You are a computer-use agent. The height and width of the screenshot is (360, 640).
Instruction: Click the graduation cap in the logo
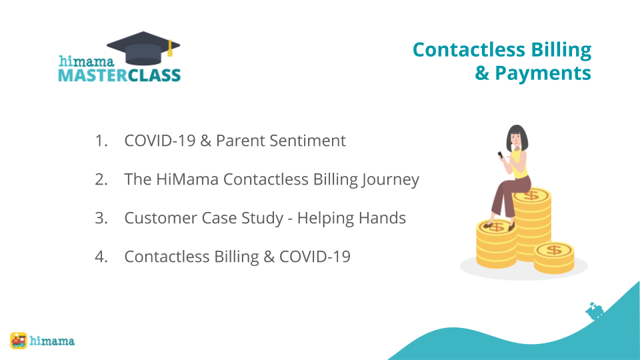click(x=143, y=48)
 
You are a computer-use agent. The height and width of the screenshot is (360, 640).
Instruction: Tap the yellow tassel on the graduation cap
click(x=170, y=48)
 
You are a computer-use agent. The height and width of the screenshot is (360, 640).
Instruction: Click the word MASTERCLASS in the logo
click(x=119, y=75)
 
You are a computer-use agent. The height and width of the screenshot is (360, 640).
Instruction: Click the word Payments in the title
click(x=543, y=73)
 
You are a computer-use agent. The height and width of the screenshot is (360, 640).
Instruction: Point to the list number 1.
click(x=101, y=141)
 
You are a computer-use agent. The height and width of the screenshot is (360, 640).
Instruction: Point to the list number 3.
click(x=101, y=218)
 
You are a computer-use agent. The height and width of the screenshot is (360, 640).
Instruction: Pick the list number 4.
click(x=101, y=257)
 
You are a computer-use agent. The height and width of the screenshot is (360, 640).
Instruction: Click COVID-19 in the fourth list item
click(x=315, y=257)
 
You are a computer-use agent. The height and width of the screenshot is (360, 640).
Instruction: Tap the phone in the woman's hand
click(x=500, y=155)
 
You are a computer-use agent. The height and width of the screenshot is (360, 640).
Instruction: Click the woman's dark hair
click(x=517, y=137)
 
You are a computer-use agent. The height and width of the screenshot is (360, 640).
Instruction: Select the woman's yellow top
click(x=519, y=165)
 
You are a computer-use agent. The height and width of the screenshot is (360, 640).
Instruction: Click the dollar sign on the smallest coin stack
click(x=554, y=249)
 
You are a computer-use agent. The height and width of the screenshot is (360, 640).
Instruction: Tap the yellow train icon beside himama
click(x=19, y=341)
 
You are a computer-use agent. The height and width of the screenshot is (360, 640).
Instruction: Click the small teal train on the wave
click(x=595, y=311)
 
